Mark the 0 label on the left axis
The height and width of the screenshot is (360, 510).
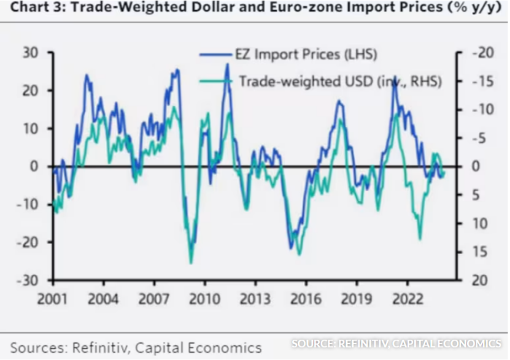(x=36, y=167)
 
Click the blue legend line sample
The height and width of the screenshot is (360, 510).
(x=215, y=55)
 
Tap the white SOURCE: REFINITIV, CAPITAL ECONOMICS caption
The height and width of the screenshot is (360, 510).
(x=396, y=343)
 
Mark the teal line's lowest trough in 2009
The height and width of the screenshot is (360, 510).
(x=191, y=262)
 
